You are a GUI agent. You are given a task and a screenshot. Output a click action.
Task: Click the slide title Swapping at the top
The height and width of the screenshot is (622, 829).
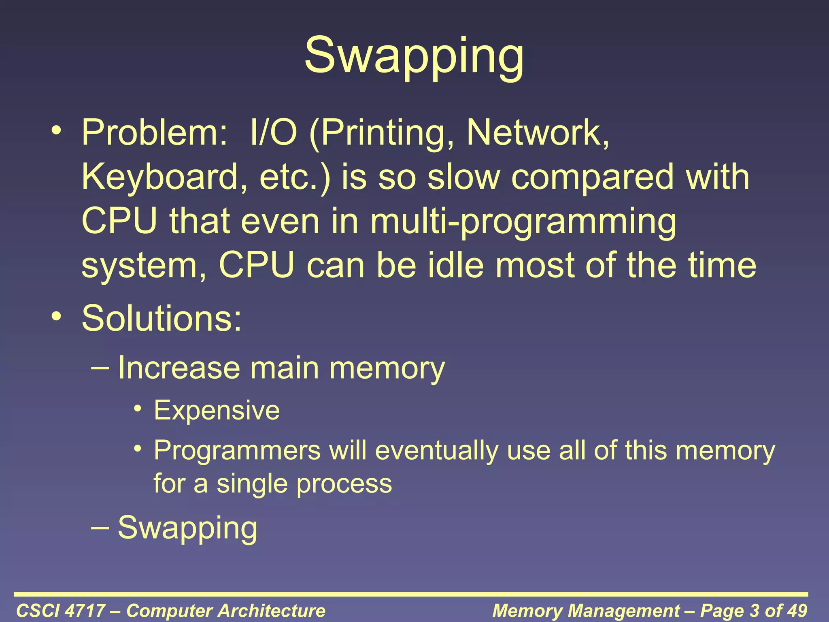[414, 57]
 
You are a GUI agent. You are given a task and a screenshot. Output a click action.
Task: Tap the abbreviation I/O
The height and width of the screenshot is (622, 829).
[274, 133]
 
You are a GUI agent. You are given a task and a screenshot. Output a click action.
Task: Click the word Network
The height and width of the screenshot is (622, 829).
[537, 133]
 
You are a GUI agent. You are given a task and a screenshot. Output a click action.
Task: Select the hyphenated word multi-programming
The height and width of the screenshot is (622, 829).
[523, 222]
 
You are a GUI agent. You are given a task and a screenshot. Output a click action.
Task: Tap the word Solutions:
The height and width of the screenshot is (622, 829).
[162, 318]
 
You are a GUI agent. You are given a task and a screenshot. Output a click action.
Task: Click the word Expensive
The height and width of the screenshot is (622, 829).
[217, 411]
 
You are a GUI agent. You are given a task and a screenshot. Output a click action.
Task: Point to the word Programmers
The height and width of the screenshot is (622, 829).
[237, 450]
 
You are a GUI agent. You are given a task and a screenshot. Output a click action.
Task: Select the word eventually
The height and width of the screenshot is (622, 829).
[437, 450]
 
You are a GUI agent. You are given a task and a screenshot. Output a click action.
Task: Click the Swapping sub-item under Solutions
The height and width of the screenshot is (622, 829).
[187, 528]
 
